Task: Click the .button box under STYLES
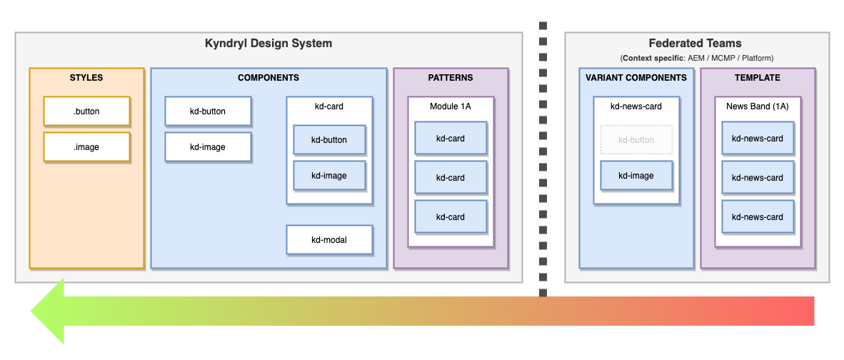pos(86,111)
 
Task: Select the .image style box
pos(86,147)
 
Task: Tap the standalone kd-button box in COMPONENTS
pos(208,111)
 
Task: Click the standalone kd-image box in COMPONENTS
pos(208,147)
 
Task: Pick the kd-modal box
pos(329,240)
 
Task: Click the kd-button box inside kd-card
pos(329,140)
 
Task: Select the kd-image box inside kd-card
pos(329,176)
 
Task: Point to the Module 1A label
pos(451,106)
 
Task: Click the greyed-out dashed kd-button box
pos(636,140)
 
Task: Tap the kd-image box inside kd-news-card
pos(636,176)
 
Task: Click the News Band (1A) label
pos(758,106)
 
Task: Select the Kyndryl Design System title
pos(268,44)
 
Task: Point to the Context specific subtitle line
pos(696,58)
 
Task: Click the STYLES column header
pos(86,78)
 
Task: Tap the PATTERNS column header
pos(451,78)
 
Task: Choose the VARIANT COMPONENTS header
pos(636,78)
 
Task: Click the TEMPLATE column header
pos(758,78)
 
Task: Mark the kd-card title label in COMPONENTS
pos(329,106)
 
